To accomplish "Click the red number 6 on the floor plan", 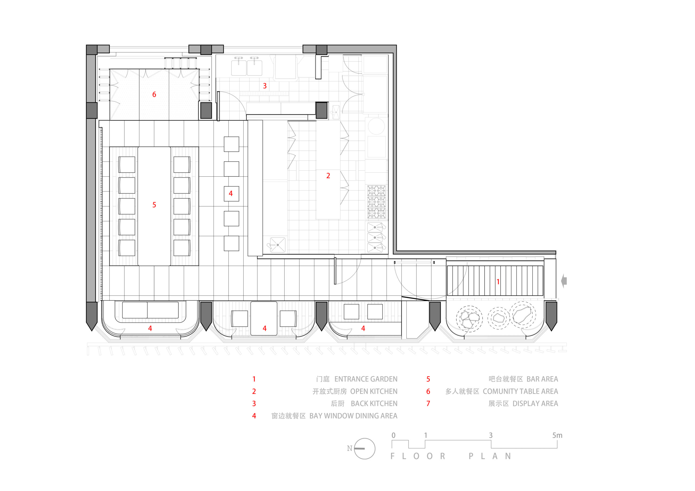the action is point(154,94).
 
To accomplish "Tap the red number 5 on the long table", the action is point(154,205).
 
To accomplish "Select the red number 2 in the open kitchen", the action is point(328,176).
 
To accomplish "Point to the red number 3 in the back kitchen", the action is point(265,86).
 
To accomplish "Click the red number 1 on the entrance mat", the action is point(498,281).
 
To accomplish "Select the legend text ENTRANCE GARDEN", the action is point(366,379).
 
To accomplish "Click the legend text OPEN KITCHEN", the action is point(374,391).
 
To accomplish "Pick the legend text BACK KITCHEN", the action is point(374,404).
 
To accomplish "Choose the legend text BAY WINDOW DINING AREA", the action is point(353,416).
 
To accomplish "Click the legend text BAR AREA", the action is point(542,379).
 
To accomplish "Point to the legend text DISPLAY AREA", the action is point(535,404).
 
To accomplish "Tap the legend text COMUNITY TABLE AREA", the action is point(520,391).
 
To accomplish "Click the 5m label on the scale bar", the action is point(557,435).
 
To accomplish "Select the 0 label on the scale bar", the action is point(393,435).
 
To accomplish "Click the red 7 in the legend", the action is point(428,404).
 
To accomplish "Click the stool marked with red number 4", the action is point(231,194).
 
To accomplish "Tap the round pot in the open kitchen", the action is point(376,126).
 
